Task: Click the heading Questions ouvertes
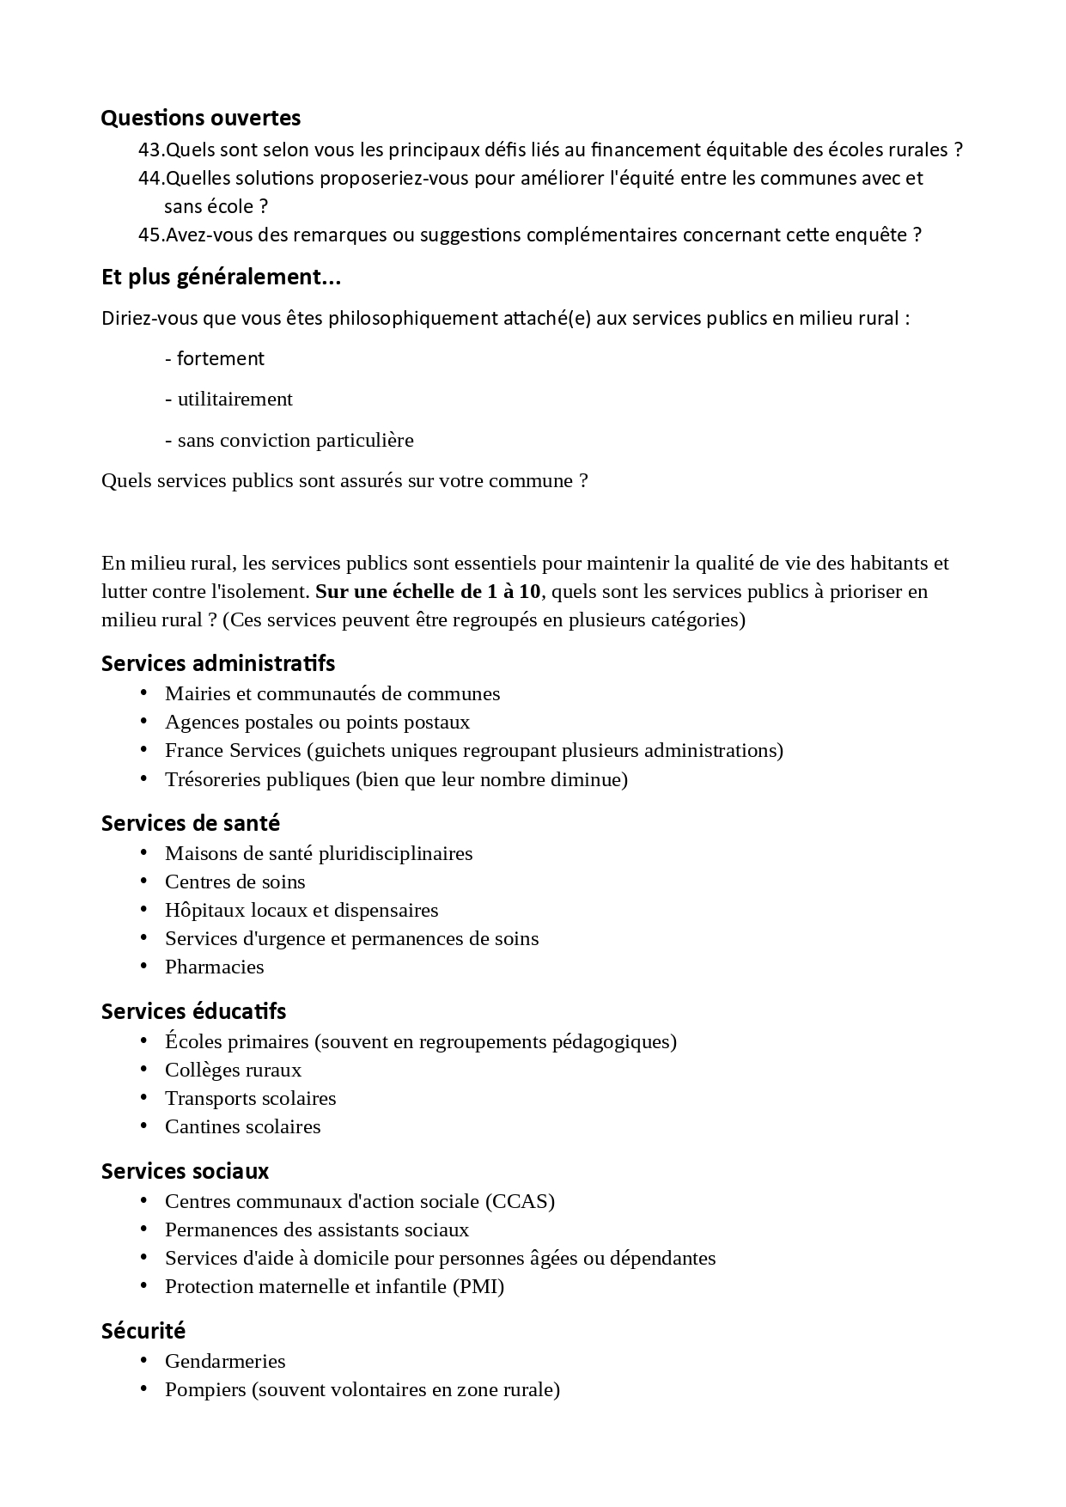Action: point(200,118)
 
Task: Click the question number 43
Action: point(150,149)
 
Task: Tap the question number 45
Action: point(150,235)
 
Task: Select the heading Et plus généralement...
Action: point(221,278)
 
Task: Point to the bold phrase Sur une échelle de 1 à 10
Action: point(429,591)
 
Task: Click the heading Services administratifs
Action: point(218,663)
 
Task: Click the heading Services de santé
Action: point(191,823)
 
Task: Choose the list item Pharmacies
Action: point(214,967)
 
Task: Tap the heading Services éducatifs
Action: point(193,1011)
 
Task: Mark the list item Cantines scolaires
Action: point(242,1126)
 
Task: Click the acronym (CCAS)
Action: point(520,1201)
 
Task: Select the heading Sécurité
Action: point(143,1331)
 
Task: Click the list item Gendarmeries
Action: point(225,1361)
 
